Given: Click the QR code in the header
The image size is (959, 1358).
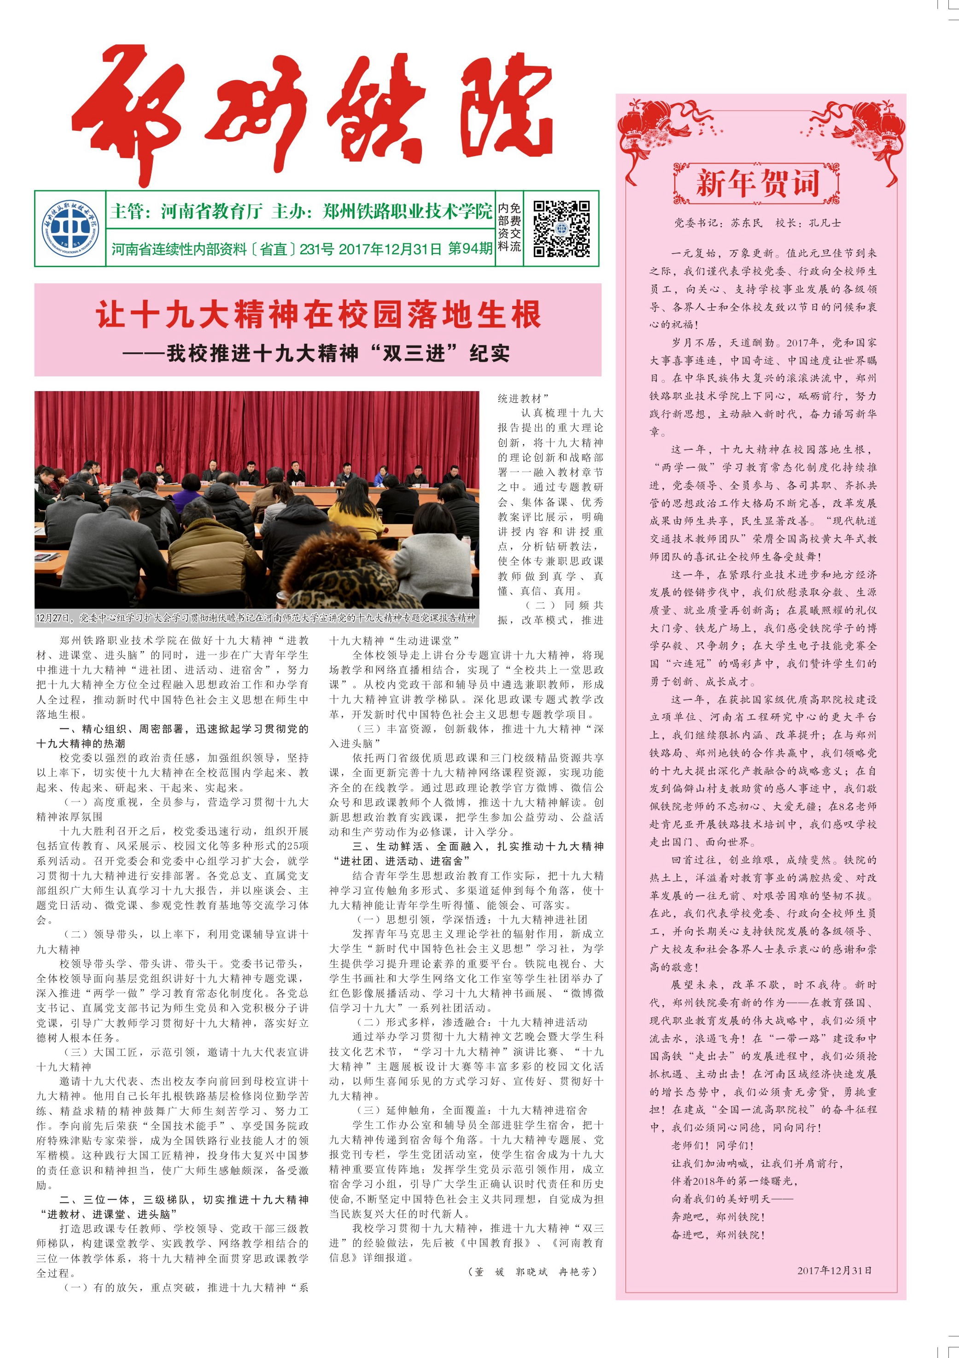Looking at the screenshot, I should [561, 228].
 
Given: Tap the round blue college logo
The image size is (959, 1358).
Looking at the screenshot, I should [70, 228].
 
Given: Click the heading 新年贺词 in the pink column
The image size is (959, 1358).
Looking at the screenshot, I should [757, 183].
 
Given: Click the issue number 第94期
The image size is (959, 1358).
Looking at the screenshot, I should [469, 248].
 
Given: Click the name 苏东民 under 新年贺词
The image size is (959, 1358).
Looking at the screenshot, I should [746, 223].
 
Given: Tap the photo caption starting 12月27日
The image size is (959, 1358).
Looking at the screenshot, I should [256, 618].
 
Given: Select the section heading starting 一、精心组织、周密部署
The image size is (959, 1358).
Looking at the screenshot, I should [171, 729].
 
